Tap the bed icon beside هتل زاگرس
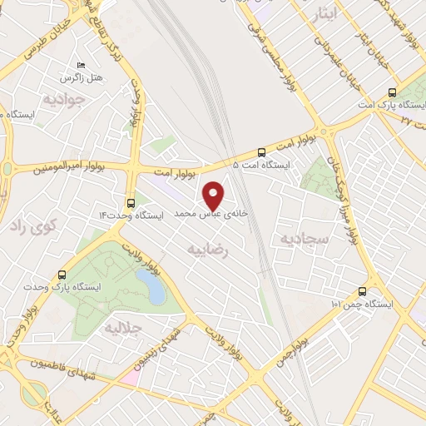(x=81, y=64)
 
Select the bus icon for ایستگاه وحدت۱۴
(x=131, y=202)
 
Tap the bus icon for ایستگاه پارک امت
(x=394, y=94)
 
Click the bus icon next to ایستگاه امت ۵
(x=262, y=152)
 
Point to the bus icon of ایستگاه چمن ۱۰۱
(x=362, y=291)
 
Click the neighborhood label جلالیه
(x=122, y=329)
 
